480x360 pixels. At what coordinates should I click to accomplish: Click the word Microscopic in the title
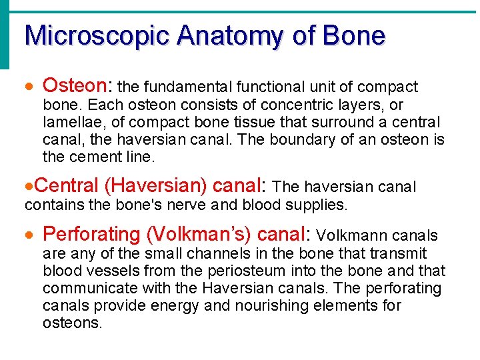tap(87, 35)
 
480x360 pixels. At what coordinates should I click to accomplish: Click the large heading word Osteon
tap(78, 86)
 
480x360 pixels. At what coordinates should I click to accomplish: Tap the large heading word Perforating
tap(91, 235)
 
